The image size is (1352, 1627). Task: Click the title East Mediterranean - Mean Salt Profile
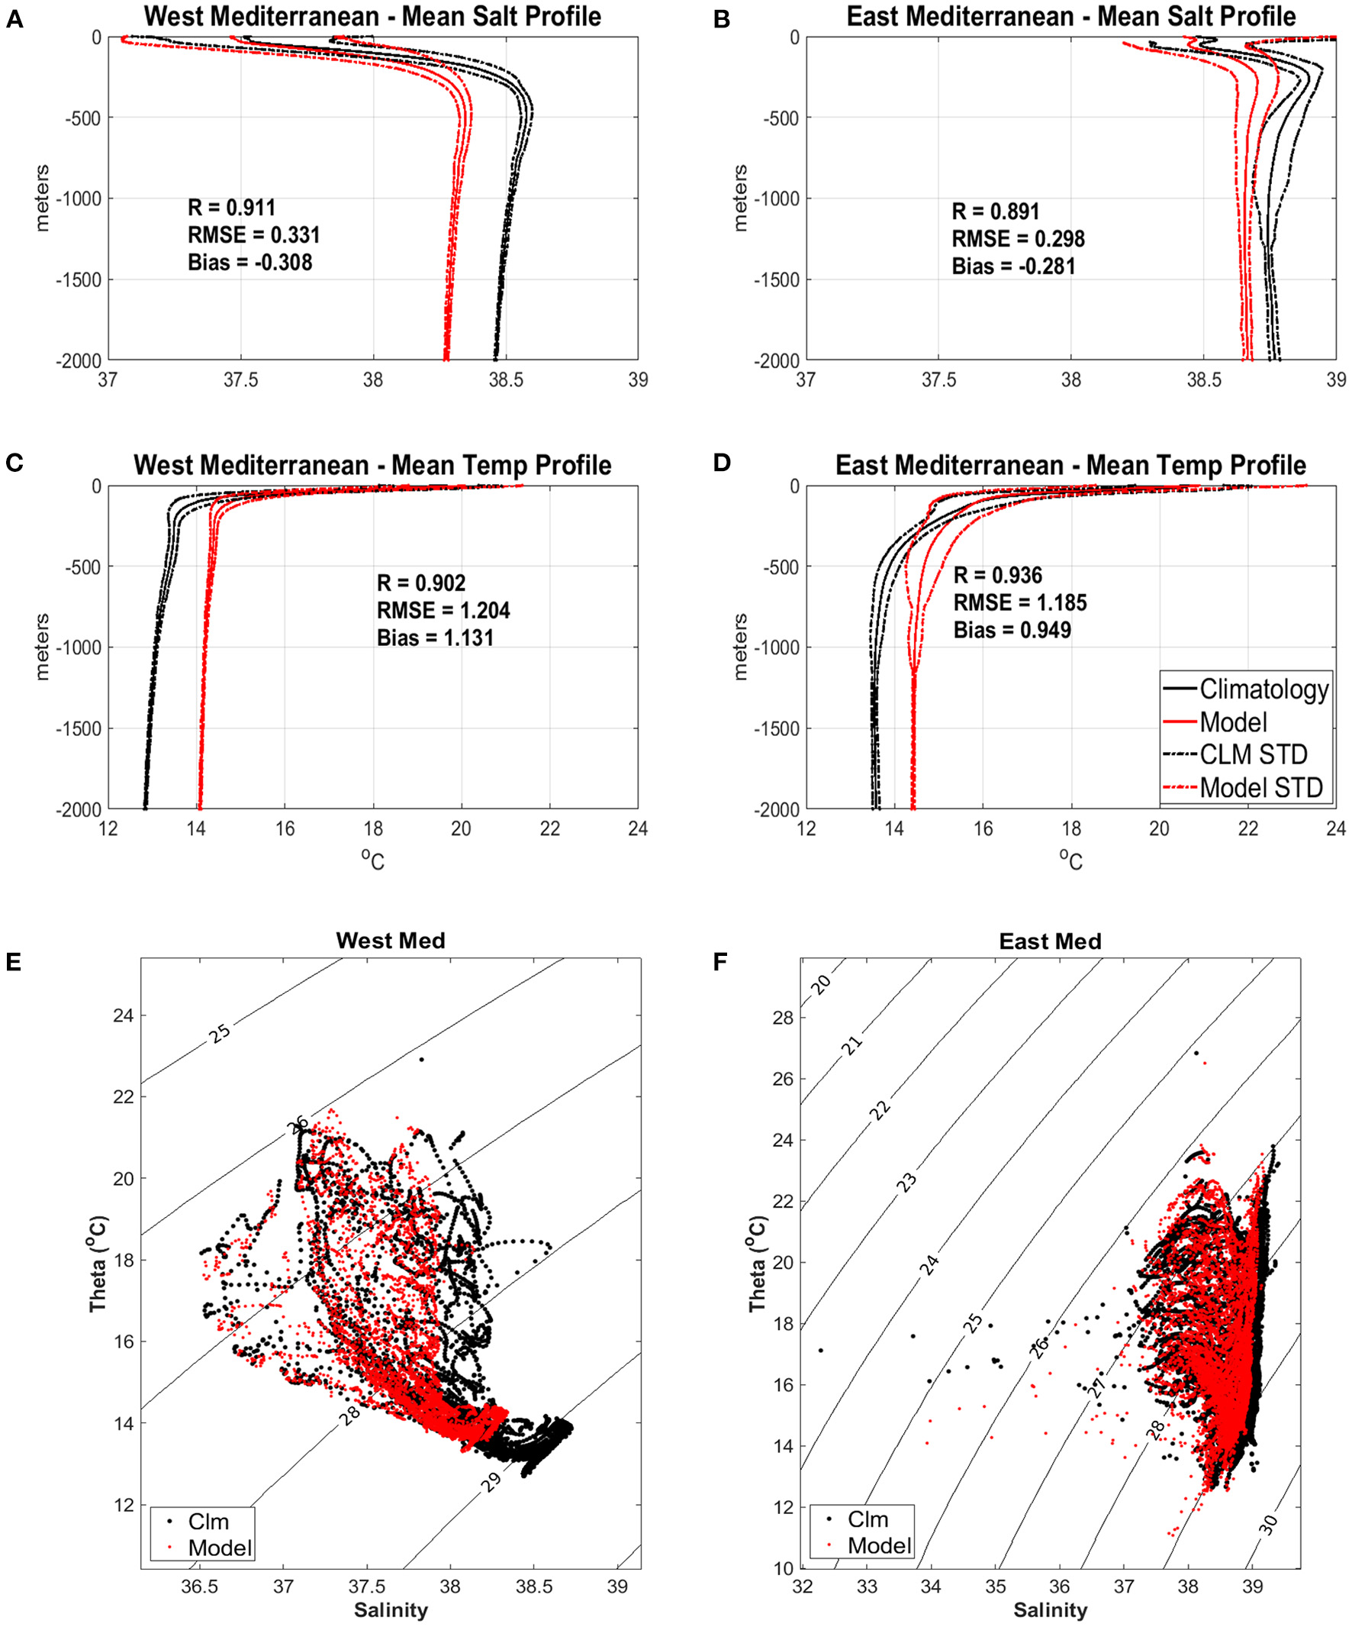pyautogui.click(x=1071, y=17)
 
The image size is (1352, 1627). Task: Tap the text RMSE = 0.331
pyautogui.click(x=253, y=234)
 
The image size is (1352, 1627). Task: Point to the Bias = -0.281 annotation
pyautogui.click(x=1012, y=266)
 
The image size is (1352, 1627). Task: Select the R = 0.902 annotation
pyautogui.click(x=420, y=583)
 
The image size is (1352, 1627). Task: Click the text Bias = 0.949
pyautogui.click(x=1011, y=630)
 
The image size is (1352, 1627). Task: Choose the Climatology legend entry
pyautogui.click(x=1263, y=689)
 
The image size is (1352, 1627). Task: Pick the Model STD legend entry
pyautogui.click(x=1260, y=788)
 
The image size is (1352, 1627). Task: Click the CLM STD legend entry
pyautogui.click(x=1253, y=754)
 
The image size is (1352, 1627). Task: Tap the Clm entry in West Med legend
pyautogui.click(x=208, y=1521)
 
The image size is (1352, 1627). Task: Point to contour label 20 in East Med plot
pyautogui.click(x=821, y=985)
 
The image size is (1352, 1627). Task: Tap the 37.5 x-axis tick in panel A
pyautogui.click(x=240, y=380)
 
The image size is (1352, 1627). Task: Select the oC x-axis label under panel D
pyautogui.click(x=1070, y=858)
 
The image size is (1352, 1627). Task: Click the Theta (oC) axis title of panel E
pyautogui.click(x=98, y=1264)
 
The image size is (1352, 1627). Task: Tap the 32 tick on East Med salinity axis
pyautogui.click(x=803, y=1586)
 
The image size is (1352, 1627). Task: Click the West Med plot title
pyautogui.click(x=391, y=941)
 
